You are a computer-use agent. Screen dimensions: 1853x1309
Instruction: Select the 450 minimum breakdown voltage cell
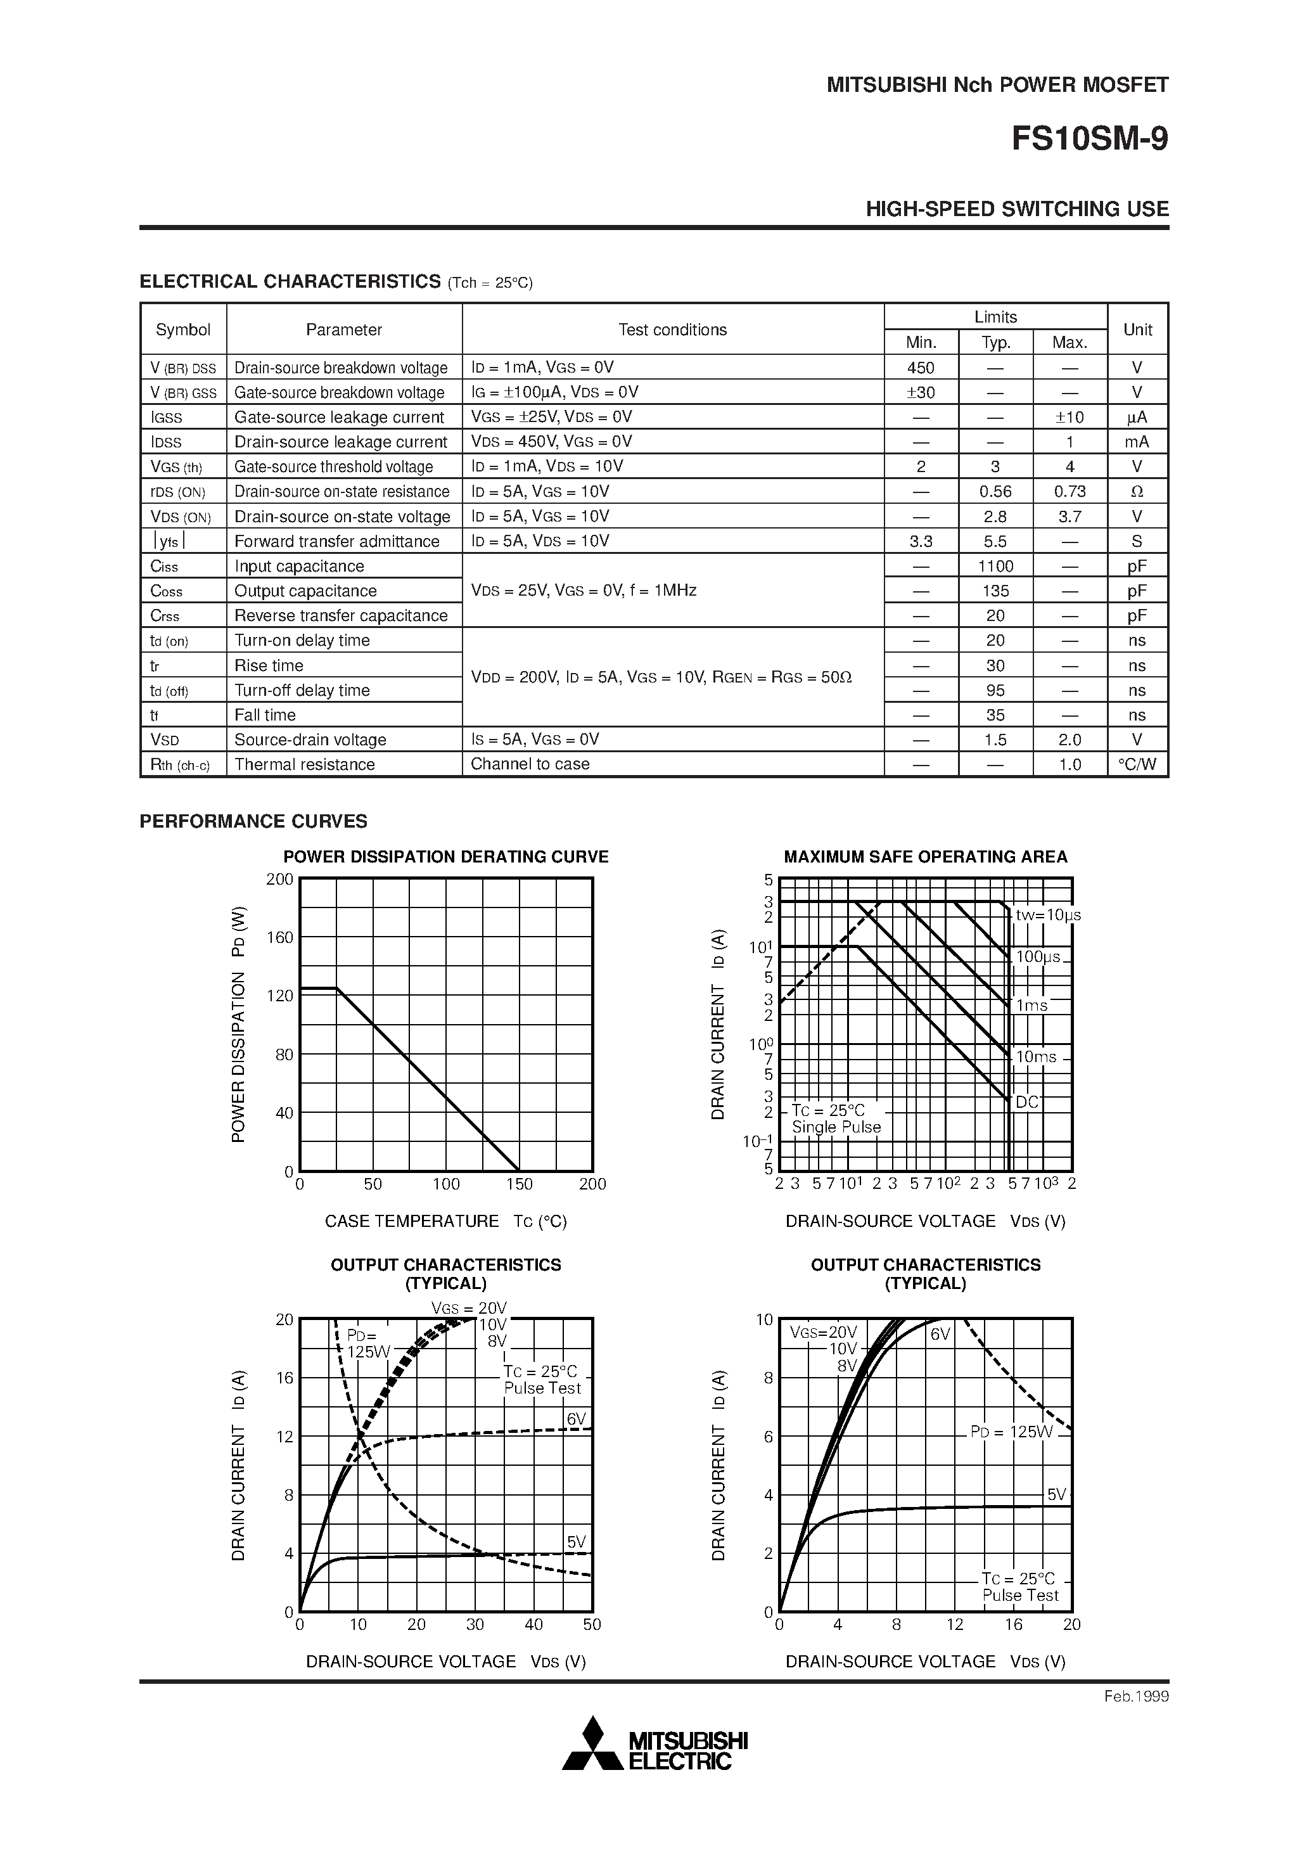point(921,368)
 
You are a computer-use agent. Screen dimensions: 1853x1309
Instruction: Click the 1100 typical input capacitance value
point(995,567)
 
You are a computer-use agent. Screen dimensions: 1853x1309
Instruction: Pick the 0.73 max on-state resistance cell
point(1070,492)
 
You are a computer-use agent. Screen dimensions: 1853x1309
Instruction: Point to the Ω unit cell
point(1137,492)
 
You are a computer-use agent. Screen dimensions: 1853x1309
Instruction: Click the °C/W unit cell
point(1137,764)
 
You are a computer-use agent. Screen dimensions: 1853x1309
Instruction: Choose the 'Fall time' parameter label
point(265,715)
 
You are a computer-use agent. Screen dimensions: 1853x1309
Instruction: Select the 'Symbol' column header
point(183,330)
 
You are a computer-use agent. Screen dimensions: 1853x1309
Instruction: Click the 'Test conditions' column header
point(672,330)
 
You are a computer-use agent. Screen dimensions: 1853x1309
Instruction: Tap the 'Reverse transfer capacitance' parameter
point(341,616)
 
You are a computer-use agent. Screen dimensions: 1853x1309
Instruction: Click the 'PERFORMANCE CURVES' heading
point(253,821)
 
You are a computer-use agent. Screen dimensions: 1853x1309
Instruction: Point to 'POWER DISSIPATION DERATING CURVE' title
point(445,857)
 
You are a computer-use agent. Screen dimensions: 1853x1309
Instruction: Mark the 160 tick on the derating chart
point(280,938)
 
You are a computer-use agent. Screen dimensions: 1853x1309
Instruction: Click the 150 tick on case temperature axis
point(519,1184)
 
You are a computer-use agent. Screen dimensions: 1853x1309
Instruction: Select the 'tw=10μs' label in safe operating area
point(1047,915)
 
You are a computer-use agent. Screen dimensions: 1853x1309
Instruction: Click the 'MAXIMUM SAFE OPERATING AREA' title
point(926,857)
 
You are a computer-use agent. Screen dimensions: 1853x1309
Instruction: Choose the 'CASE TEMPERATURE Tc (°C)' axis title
point(445,1222)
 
